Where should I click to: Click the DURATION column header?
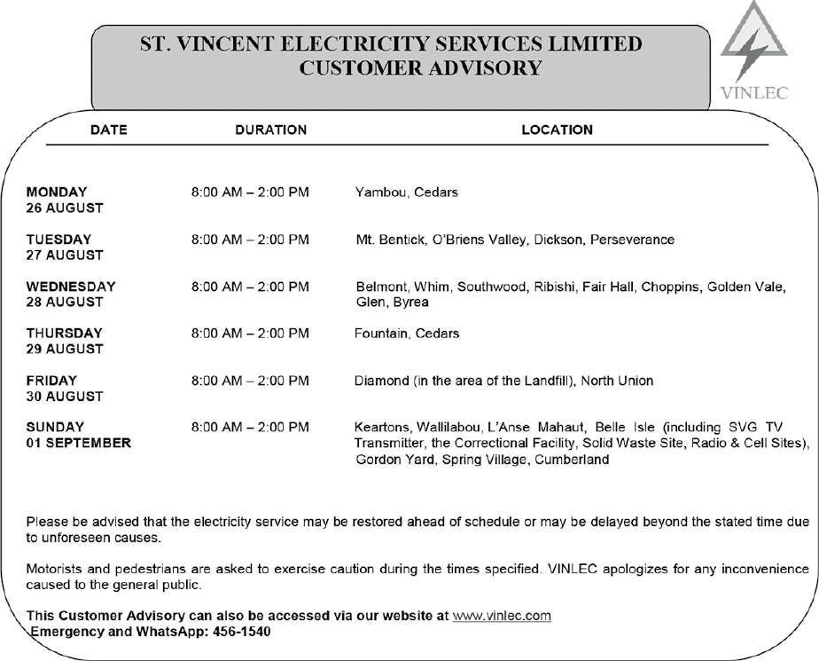(x=270, y=130)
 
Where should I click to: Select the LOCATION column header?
(x=557, y=130)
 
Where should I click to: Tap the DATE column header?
(x=109, y=130)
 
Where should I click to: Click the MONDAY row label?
(x=57, y=192)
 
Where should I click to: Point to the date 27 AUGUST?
(x=65, y=255)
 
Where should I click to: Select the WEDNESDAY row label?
(x=71, y=287)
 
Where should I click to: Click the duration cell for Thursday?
(x=250, y=334)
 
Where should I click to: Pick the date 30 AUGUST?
(x=65, y=396)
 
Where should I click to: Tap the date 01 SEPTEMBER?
(x=78, y=443)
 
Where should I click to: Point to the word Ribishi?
(x=553, y=287)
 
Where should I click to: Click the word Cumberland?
(x=572, y=460)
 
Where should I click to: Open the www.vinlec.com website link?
(x=502, y=616)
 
